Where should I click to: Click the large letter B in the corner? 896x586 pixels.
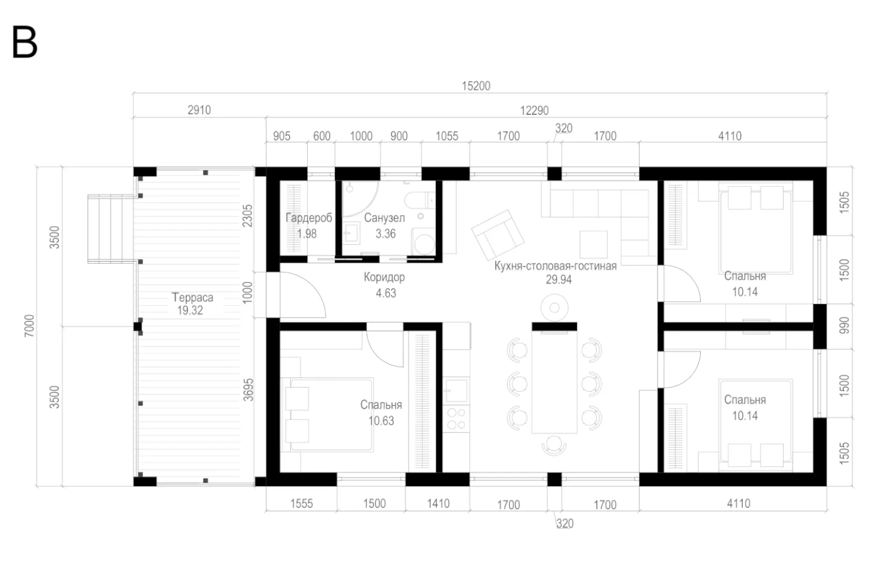pyautogui.click(x=25, y=43)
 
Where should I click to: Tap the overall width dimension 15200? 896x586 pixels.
pyautogui.click(x=476, y=86)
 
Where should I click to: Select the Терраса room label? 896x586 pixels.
pyautogui.click(x=193, y=297)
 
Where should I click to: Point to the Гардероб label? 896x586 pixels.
pyautogui.click(x=309, y=218)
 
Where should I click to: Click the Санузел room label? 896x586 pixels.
pyautogui.click(x=385, y=218)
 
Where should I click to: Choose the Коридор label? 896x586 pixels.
pyautogui.click(x=385, y=277)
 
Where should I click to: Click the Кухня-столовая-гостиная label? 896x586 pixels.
pyautogui.click(x=556, y=266)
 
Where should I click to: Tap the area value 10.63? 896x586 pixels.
pyautogui.click(x=381, y=421)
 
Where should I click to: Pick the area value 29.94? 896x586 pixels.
pyautogui.click(x=559, y=280)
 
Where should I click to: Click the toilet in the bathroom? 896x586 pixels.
pyautogui.click(x=420, y=200)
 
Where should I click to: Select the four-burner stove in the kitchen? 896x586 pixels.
pyautogui.click(x=456, y=418)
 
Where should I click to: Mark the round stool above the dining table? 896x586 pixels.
pyautogui.click(x=555, y=308)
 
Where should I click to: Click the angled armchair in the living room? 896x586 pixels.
pyautogui.click(x=498, y=235)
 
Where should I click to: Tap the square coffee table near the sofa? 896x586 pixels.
pyautogui.click(x=594, y=244)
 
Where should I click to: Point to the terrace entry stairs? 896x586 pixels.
pyautogui.click(x=111, y=228)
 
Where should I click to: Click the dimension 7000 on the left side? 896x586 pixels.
pyautogui.click(x=29, y=326)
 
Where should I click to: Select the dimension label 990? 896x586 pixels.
pyautogui.click(x=844, y=326)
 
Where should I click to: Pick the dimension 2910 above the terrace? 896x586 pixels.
pyautogui.click(x=199, y=110)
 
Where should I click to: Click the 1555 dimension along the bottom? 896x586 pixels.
pyautogui.click(x=302, y=504)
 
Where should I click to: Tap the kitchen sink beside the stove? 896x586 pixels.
pyautogui.click(x=456, y=390)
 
